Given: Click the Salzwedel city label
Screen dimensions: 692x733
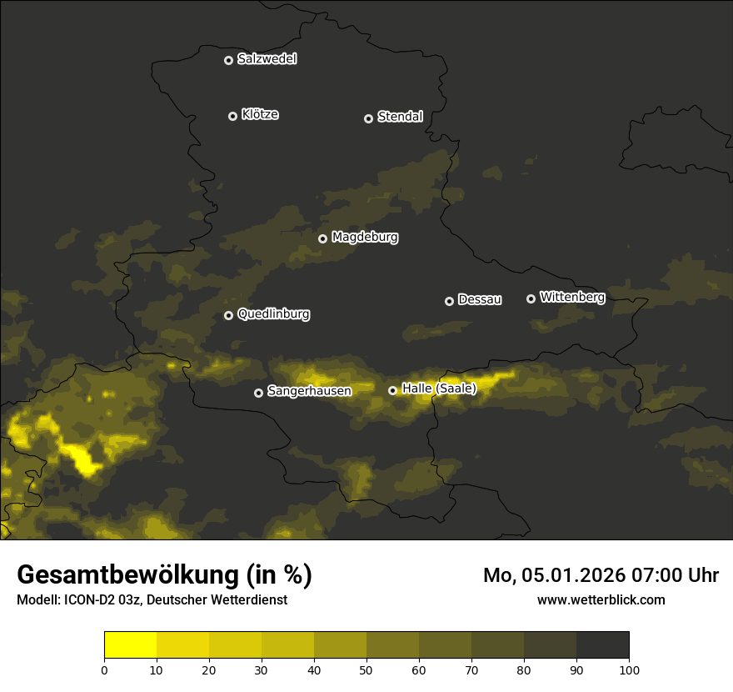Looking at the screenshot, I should [267, 59].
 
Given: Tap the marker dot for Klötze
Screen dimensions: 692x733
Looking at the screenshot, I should [233, 116].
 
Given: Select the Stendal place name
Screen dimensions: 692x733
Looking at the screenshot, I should [400, 117].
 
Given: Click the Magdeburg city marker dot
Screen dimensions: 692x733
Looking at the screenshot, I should [323, 238].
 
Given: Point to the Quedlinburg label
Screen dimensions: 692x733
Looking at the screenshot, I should [273, 314].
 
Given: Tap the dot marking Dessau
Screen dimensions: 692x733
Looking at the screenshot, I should [450, 301].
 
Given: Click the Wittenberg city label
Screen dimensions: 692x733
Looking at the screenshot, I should [572, 297].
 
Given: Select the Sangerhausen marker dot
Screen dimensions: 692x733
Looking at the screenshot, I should [259, 393].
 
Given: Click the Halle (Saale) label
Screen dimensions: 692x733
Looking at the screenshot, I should [439, 389].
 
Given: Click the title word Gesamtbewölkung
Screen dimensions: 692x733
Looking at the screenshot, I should [127, 575].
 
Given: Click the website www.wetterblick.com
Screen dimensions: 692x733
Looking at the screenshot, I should [601, 599].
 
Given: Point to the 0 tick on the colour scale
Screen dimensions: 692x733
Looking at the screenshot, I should [104, 669].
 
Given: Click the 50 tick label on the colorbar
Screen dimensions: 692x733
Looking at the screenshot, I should [366, 669].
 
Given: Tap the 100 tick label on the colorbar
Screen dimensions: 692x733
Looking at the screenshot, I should [629, 669].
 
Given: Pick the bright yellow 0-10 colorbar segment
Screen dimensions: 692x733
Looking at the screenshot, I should [130, 645].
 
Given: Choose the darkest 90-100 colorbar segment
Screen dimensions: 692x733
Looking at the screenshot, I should [602, 645].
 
